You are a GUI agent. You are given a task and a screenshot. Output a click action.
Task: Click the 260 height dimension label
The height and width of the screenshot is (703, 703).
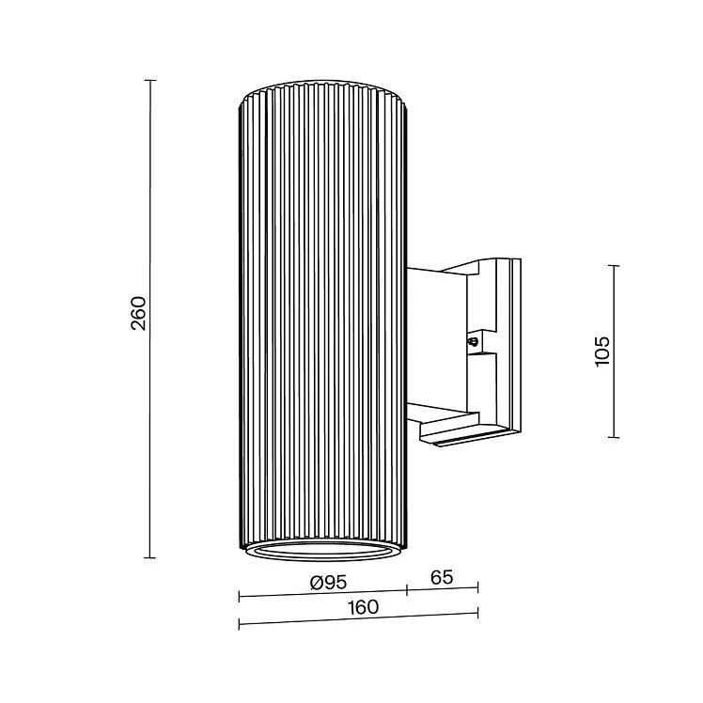138,313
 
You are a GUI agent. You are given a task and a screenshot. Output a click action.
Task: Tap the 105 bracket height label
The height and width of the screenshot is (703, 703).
602,351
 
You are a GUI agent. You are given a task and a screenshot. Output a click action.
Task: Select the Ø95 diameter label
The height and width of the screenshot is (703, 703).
329,583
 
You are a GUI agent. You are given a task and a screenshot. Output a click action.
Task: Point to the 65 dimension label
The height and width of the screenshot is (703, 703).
442,577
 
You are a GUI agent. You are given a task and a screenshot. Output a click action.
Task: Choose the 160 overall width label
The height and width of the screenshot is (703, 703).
363,607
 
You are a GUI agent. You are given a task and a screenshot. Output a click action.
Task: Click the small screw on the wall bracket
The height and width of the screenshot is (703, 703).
473,342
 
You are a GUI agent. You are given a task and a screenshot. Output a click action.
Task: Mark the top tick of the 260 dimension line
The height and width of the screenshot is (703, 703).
150,80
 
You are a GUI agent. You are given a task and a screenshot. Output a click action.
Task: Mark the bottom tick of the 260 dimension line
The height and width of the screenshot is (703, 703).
150,557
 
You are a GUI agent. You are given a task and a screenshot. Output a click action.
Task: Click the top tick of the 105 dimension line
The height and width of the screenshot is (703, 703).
614,265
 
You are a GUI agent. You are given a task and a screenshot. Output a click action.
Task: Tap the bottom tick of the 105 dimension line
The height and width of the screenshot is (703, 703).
614,437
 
